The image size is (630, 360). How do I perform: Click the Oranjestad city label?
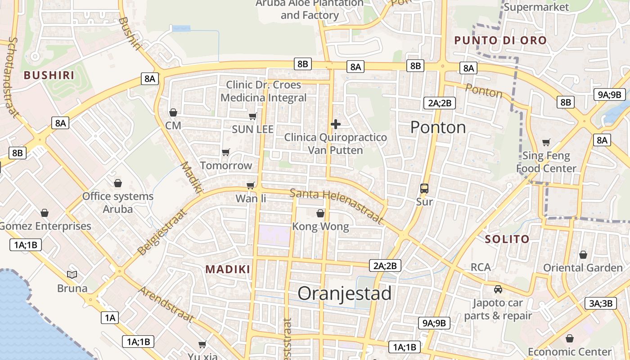click(x=345, y=293)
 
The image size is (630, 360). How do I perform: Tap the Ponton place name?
click(x=438, y=127)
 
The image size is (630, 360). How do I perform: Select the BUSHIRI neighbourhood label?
click(x=49, y=75)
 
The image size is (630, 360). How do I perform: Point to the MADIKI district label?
click(x=228, y=269)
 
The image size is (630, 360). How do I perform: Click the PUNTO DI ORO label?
click(x=500, y=40)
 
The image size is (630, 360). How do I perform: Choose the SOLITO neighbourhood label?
click(x=507, y=239)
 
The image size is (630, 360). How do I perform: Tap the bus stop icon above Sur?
click(x=424, y=189)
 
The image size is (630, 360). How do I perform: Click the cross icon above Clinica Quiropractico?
click(x=335, y=124)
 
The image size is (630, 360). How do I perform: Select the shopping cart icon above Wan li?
click(x=251, y=185)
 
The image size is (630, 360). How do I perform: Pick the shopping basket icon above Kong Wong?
click(x=320, y=213)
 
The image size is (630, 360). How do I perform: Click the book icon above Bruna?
click(x=72, y=274)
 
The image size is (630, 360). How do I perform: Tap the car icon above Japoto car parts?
click(x=498, y=289)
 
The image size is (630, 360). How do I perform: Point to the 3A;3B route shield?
click(x=600, y=303)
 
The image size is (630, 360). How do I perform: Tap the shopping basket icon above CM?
click(x=173, y=112)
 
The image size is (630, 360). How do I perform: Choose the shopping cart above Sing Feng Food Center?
click(x=546, y=143)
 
